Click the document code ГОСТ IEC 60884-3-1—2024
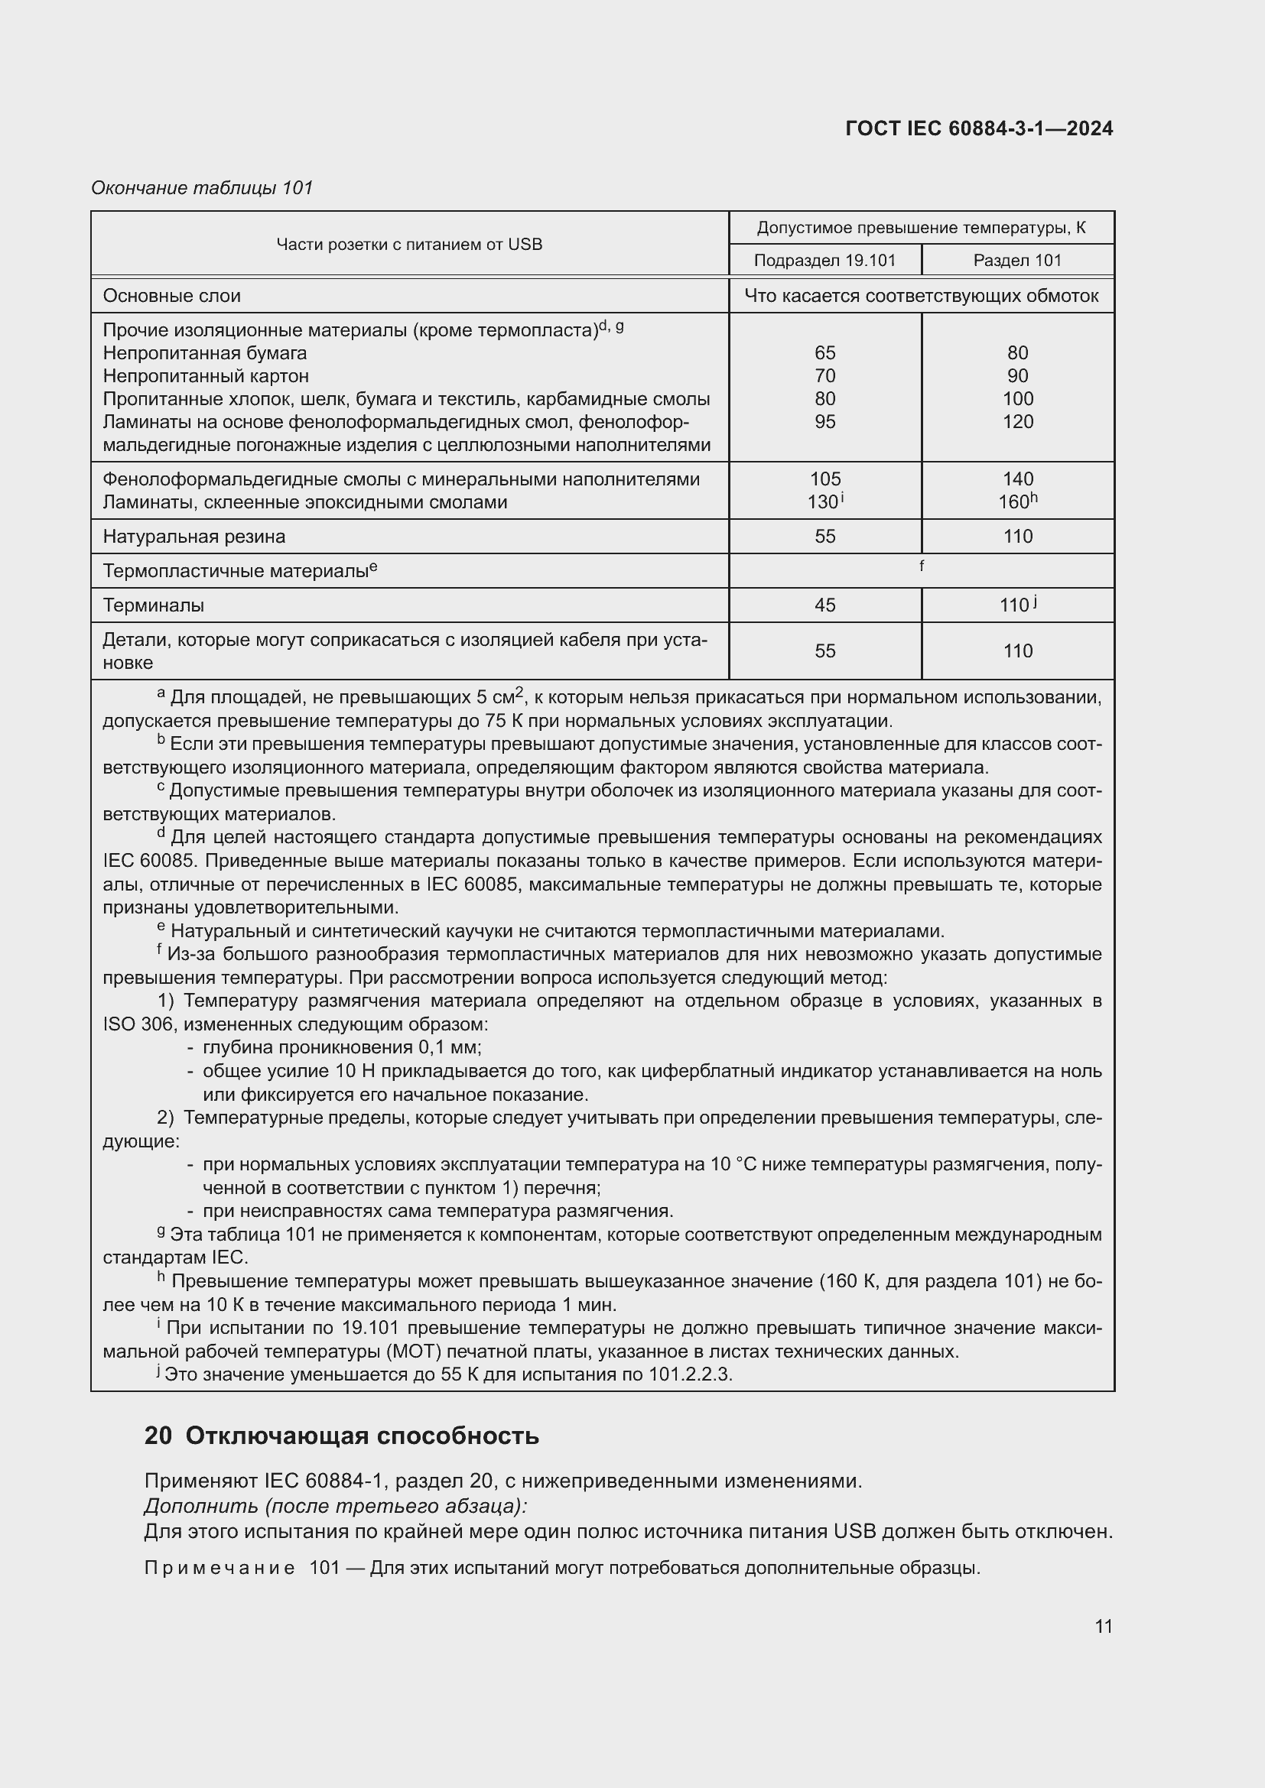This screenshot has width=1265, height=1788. coord(978,128)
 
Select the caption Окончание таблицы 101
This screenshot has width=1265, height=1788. coord(202,188)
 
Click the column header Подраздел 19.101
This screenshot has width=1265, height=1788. coord(824,260)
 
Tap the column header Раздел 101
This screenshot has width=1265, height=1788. coord(1017,260)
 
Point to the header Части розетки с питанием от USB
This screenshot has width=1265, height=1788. coord(409,244)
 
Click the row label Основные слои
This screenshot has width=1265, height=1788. coord(171,296)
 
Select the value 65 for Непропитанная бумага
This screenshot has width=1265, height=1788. coord(824,352)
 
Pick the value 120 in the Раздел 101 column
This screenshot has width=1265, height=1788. coord(1017,421)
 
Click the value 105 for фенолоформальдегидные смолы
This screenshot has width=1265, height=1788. coord(824,479)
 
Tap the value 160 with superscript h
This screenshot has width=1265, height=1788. coord(1016,502)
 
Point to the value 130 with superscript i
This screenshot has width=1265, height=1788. coord(823,502)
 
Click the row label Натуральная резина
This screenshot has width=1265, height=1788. coord(194,537)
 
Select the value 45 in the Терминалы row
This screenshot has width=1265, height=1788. coord(824,605)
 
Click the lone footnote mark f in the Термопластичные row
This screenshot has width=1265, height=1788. coord(922,566)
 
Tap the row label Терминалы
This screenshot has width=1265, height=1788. coord(154,605)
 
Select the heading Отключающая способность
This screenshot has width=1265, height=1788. coord(362,1436)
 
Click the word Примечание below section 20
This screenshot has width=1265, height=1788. coord(219,1568)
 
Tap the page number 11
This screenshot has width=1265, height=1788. coord(1103,1626)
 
